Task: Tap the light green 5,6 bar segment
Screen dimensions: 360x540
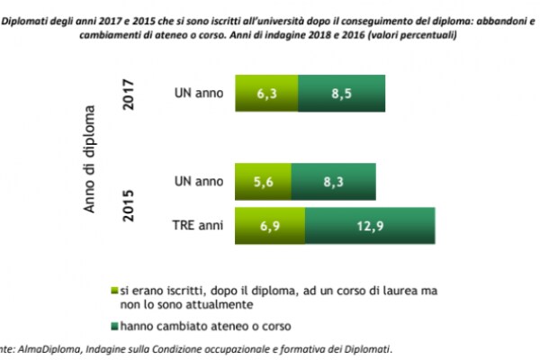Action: (x=262, y=181)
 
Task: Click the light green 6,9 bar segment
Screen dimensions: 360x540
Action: (x=269, y=223)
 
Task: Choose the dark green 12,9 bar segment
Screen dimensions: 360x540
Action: (x=370, y=223)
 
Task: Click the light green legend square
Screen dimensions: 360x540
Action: (x=112, y=291)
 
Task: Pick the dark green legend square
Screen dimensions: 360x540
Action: (x=112, y=325)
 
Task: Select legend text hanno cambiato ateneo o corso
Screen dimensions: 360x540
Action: (x=194, y=325)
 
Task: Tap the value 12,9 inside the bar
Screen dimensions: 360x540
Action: (x=370, y=223)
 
